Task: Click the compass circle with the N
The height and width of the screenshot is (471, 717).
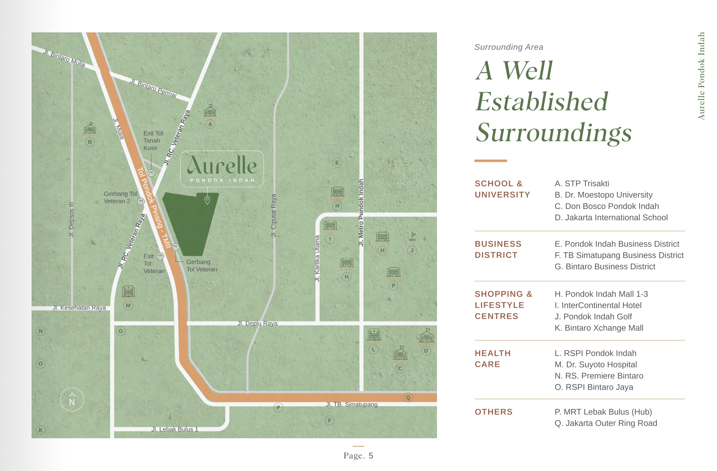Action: (x=72, y=399)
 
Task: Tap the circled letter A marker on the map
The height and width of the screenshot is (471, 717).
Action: (x=210, y=124)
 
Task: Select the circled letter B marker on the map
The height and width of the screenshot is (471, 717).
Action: (x=90, y=142)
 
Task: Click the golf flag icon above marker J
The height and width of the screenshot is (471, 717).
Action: (x=413, y=236)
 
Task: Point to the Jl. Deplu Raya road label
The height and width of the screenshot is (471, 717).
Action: (x=257, y=323)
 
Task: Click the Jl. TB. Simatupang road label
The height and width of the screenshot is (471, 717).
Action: (x=352, y=404)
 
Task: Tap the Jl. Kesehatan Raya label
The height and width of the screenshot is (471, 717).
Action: (x=79, y=308)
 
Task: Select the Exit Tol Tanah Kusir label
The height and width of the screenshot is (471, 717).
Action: (x=153, y=140)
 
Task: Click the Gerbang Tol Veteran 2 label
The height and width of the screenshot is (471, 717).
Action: (x=120, y=197)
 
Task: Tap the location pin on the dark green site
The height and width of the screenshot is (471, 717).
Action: (x=207, y=200)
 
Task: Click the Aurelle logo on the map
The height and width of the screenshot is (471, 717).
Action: (x=222, y=169)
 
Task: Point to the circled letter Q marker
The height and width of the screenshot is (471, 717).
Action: (x=408, y=397)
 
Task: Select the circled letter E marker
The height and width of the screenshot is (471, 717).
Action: (x=337, y=163)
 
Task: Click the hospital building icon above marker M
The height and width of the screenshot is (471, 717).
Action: (x=128, y=291)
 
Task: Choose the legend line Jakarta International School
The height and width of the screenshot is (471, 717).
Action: (x=611, y=218)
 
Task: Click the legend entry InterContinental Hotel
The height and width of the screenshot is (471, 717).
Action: (x=598, y=305)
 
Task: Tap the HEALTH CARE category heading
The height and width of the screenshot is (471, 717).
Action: (x=492, y=359)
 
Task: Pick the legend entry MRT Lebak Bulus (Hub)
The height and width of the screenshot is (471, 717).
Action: (x=603, y=412)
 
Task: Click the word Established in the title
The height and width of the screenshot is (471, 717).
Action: (x=541, y=102)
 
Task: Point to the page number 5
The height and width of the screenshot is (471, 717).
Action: (x=371, y=456)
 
